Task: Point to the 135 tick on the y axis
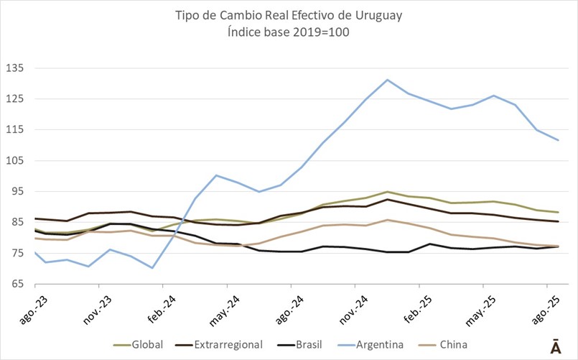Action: (x=15, y=68)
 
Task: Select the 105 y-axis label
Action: (x=15, y=161)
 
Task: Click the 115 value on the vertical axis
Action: (x=15, y=130)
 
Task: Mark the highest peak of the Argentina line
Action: (x=388, y=80)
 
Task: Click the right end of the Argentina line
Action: (x=559, y=140)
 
